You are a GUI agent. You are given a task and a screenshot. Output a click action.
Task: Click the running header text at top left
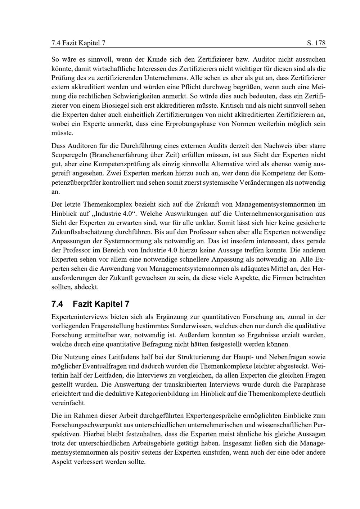point(78,44)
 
